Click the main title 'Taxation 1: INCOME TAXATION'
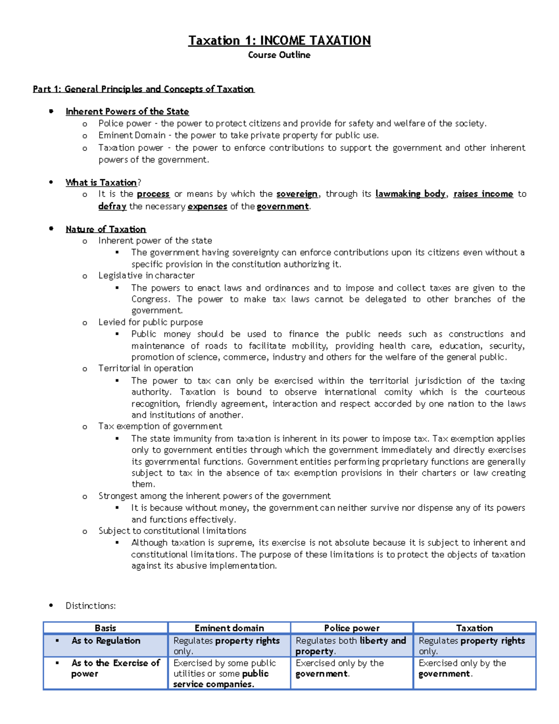[279, 41]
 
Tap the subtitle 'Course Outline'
[279, 55]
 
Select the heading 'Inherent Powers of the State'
[127, 111]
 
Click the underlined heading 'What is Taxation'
[101, 182]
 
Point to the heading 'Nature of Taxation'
[106, 229]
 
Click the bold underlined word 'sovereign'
[297, 194]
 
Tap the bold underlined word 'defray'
[112, 206]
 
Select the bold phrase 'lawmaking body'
[410, 194]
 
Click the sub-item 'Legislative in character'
[146, 276]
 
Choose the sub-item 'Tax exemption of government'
[160, 426]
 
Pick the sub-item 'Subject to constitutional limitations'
[172, 531]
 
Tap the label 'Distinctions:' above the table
[90, 606]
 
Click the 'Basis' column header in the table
[105, 628]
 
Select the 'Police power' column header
[352, 628]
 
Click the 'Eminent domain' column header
[229, 628]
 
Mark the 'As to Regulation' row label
[106, 641]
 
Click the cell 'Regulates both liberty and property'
[351, 646]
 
